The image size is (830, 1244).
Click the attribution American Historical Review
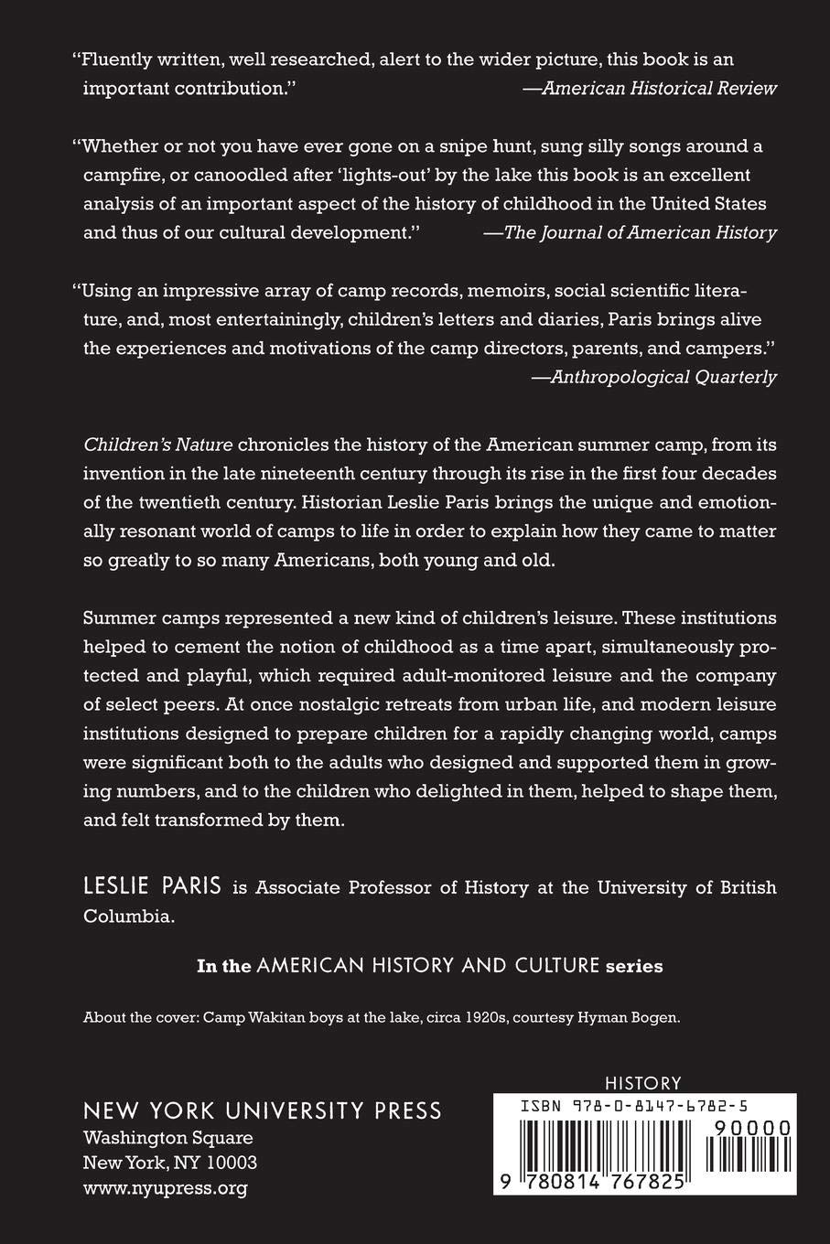pos(659,89)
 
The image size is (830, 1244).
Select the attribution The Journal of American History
pos(641,232)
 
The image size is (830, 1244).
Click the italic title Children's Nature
pos(158,445)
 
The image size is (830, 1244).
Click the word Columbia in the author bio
pos(127,917)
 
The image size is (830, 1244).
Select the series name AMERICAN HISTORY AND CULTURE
pos(428,966)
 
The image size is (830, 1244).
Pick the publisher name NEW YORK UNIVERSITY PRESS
pos(263,1110)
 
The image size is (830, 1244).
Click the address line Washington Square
pos(167,1139)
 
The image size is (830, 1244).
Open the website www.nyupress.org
pos(165,1188)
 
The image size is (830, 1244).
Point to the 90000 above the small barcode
pos(746,1129)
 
